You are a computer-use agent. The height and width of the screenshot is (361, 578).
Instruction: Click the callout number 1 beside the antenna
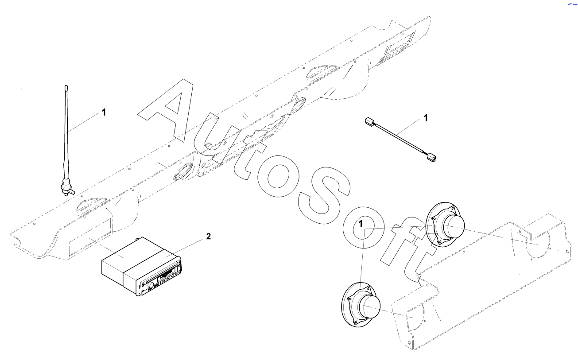104,113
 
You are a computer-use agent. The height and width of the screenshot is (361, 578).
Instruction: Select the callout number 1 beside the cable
426,118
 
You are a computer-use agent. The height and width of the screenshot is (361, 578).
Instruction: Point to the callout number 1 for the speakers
362,224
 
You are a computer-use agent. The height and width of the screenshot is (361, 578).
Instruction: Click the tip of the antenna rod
66,87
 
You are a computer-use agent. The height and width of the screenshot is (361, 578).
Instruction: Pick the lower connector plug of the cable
431,156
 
